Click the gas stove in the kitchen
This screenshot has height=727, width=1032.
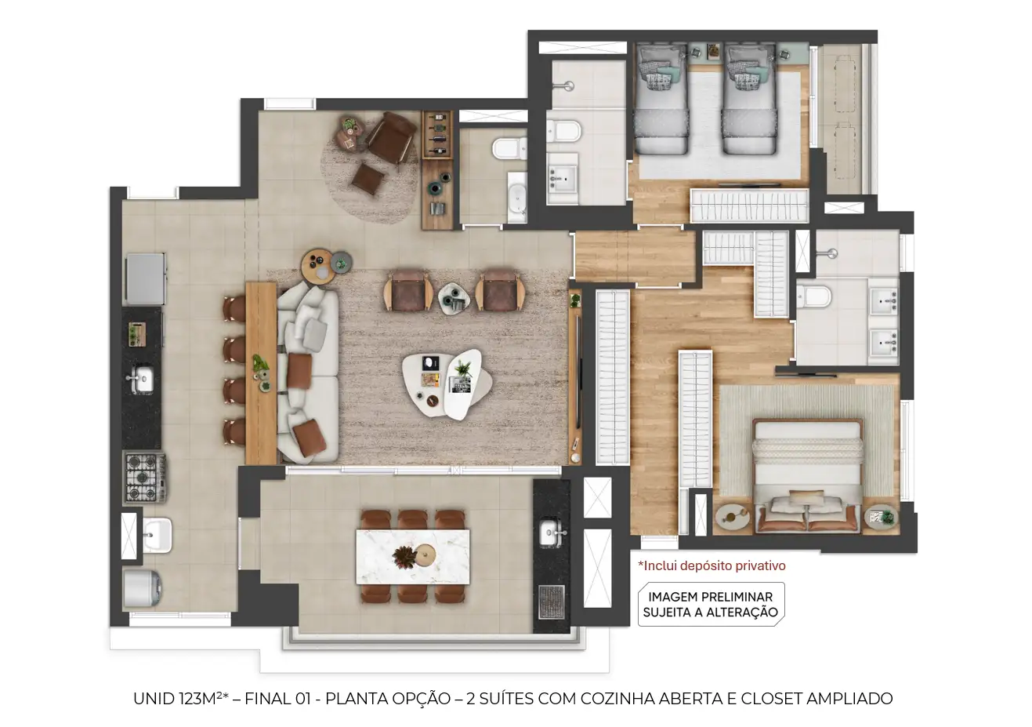pos(145,478)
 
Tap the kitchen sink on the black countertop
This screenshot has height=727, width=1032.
pos(143,379)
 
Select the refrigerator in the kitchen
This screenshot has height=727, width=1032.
pos(145,278)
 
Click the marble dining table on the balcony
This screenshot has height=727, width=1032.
pos(413,557)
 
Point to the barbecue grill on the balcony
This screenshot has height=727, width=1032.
pos(552,602)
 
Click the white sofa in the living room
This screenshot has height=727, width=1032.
pos(308,374)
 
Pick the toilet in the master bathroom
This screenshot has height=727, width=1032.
pos(813,295)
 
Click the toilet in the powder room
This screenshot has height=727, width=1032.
pos(509,148)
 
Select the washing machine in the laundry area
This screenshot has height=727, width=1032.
pos(143,589)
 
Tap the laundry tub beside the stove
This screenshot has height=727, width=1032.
pos(157,535)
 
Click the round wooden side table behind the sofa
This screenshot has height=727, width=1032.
pos(318,266)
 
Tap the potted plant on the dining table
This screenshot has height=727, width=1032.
pos(404,557)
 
